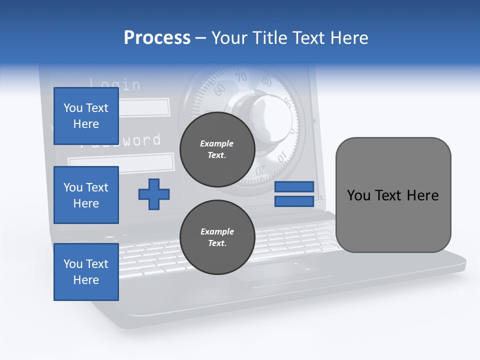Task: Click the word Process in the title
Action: (157, 38)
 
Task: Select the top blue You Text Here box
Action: (86, 116)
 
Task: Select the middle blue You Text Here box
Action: (86, 195)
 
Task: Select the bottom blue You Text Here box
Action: (86, 272)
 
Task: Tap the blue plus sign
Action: (154, 194)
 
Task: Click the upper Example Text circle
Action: (217, 149)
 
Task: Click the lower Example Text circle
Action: (217, 237)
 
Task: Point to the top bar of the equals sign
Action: (294, 187)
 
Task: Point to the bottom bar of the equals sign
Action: (294, 201)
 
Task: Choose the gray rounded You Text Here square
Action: (393, 195)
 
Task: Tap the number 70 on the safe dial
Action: (241, 77)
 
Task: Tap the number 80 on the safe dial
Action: (266, 82)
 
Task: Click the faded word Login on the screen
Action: (115, 84)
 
